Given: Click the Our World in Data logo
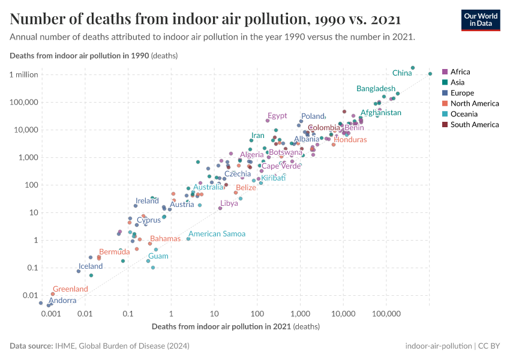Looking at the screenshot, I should [480, 20].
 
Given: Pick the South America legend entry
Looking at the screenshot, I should [474, 125].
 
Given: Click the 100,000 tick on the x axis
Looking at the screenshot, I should [386, 314].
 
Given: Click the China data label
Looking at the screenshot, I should [401, 73].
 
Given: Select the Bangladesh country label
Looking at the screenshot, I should [376, 89].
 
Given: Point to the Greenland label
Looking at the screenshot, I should [70, 289].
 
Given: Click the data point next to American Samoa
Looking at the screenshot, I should [188, 239].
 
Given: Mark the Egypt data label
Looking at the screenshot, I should [277, 116].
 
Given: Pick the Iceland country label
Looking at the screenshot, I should [91, 266].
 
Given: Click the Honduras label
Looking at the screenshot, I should [350, 140].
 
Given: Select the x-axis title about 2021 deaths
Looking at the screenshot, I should [235, 327].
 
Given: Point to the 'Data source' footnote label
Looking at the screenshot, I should [31, 346].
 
